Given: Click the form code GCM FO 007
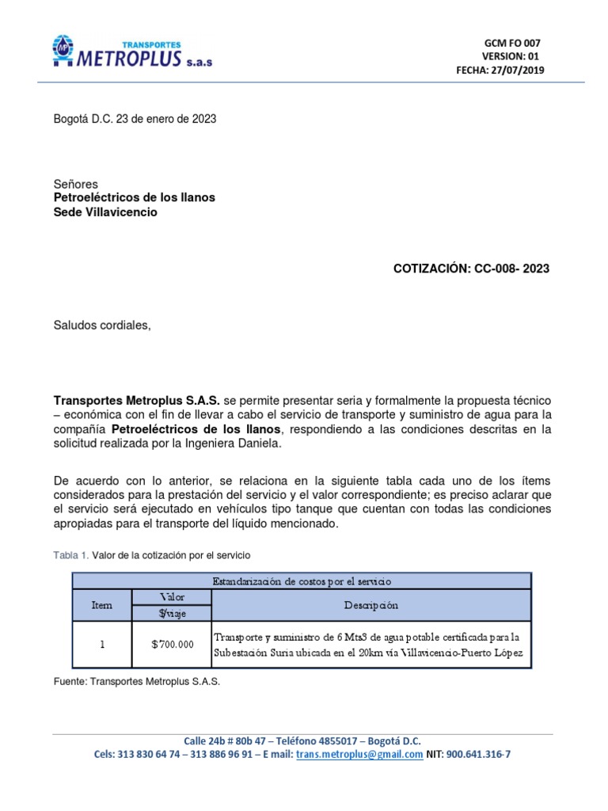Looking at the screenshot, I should (512, 43).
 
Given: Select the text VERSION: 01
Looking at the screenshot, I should (511, 56).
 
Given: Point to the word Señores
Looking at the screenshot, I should (75, 184).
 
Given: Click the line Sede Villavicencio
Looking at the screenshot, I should (105, 212).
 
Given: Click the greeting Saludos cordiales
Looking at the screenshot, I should (101, 326).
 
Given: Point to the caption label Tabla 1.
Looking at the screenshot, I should (70, 554).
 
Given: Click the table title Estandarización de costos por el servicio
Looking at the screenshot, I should (302, 581).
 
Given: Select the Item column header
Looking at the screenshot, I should (102, 605).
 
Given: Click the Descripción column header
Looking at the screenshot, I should (371, 605).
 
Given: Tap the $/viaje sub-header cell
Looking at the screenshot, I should (172, 612).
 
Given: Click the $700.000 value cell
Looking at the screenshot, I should (172, 645).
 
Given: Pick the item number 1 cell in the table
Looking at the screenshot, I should (102, 645).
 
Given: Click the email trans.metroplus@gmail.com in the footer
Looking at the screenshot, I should (359, 755).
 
